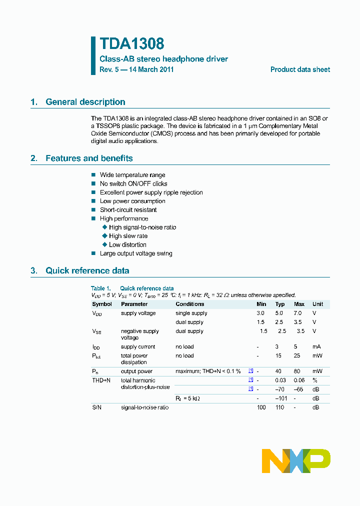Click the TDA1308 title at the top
[x=132, y=44]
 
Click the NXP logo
[x=296, y=461]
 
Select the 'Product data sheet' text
[x=300, y=69]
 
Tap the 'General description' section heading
[x=85, y=102]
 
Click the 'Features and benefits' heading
[x=89, y=158]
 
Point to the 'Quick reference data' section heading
[x=87, y=271]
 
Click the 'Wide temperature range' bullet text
[x=132, y=175]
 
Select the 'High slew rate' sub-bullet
[x=128, y=236]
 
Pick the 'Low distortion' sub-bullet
[x=127, y=244]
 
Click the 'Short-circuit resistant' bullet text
[x=128, y=210]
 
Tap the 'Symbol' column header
[x=102, y=304]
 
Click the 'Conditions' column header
[x=190, y=304]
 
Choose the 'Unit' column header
[x=317, y=304]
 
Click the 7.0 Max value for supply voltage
[x=298, y=313]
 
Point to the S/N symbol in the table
[x=96, y=407]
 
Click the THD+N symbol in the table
[x=101, y=380]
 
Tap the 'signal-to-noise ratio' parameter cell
[x=144, y=407]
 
